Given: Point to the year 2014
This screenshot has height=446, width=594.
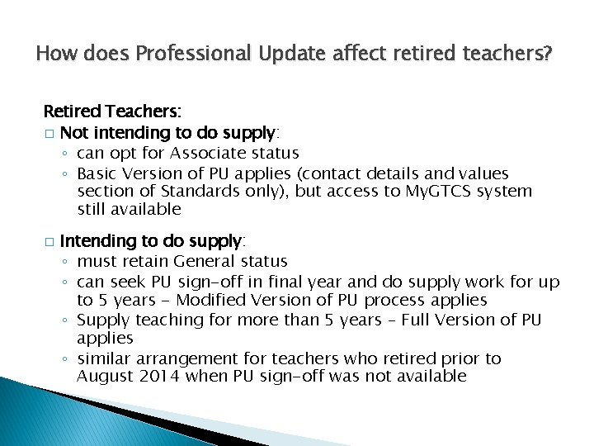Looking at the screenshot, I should [158, 377].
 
